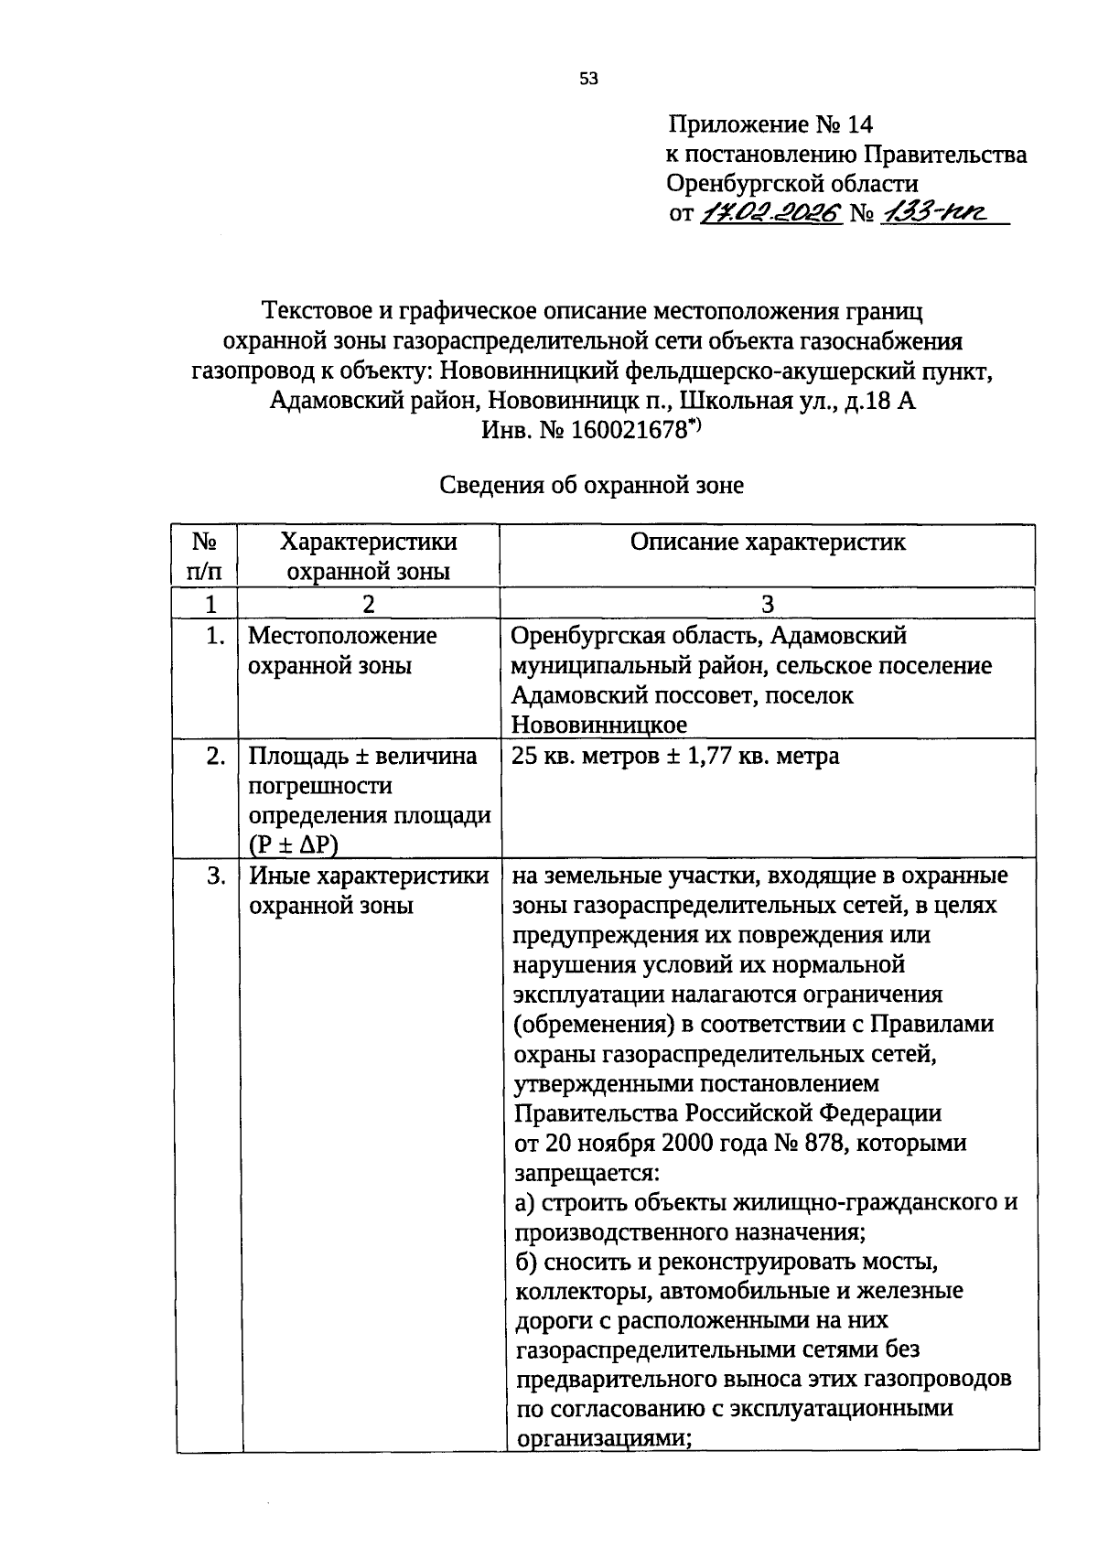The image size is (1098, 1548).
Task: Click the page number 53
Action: (588, 80)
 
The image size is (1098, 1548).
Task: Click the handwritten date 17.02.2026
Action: (770, 214)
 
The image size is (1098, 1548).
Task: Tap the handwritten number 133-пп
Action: (929, 214)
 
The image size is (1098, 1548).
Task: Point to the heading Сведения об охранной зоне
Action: (591, 485)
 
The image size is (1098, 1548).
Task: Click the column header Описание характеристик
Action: (768, 543)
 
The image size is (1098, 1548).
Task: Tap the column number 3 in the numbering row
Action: (768, 604)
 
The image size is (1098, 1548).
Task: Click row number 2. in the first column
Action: (215, 757)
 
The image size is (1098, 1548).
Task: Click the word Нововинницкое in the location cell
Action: (598, 726)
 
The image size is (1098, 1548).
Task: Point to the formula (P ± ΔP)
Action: (293, 844)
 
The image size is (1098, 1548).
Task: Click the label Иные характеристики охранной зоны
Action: (369, 890)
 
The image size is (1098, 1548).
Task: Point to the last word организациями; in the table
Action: (603, 1437)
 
